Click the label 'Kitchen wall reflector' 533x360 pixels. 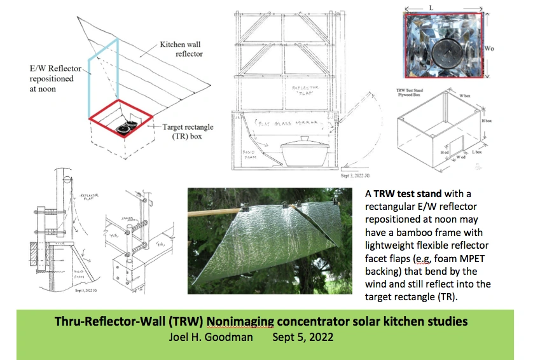pyautogui.click(x=181, y=50)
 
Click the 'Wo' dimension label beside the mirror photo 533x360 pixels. pyautogui.click(x=507, y=48)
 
